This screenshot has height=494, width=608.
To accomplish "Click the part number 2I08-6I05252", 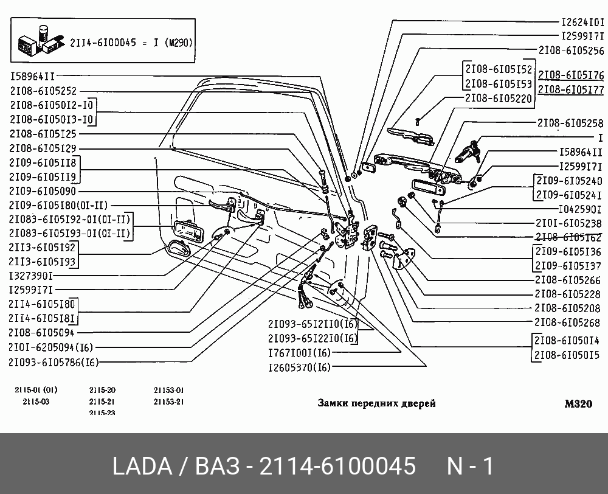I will pos(43,91).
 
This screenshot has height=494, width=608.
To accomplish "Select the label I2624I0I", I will pos(582,21).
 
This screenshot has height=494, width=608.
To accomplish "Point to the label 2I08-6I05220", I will pos(498,97).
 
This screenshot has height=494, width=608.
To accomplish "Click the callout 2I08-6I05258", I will pos(570,123).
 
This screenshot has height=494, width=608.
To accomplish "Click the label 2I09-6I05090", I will pos(43,191).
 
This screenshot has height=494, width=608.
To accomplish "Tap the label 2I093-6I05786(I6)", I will pos(54,362).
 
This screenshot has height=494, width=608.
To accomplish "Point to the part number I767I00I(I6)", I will pos(299,353).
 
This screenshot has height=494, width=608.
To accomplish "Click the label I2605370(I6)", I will pos(299,367).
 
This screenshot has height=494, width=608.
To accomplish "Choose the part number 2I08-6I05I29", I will pos(43,148).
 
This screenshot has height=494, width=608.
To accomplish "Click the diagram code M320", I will pos(578,403).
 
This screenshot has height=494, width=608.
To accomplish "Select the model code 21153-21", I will pos(168,402).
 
